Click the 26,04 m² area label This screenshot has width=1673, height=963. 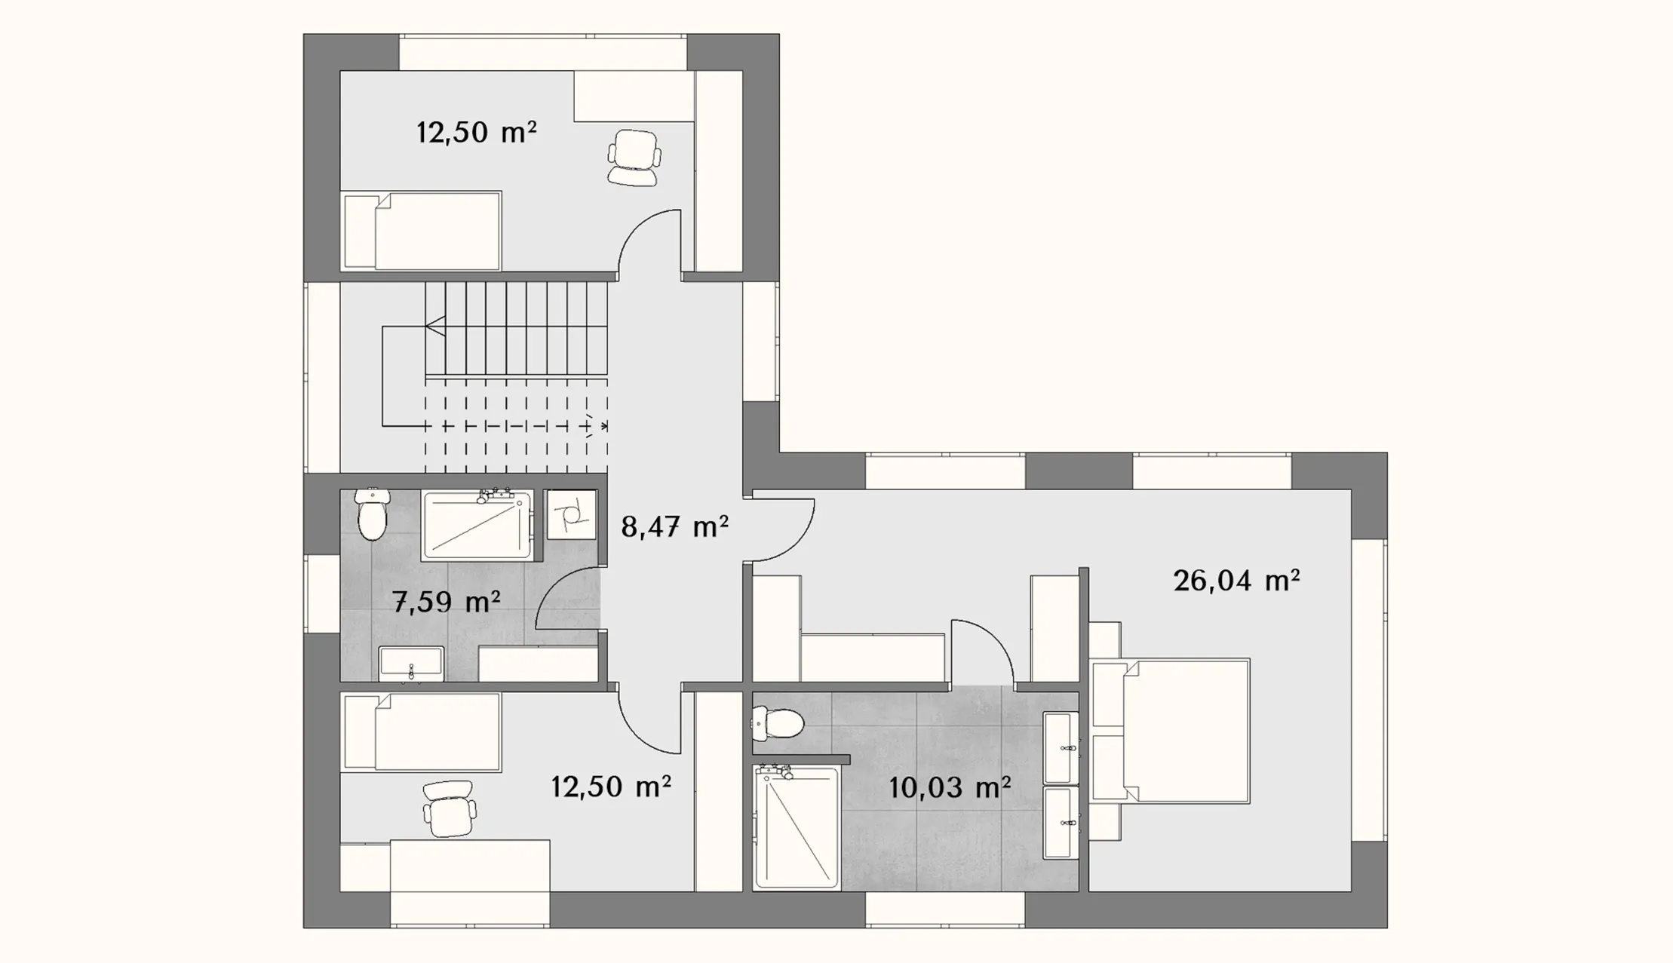[x=1236, y=581]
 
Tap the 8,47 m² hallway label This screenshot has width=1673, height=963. [x=674, y=526]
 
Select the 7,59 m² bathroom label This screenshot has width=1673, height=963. [x=447, y=602]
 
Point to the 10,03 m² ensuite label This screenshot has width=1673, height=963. [x=950, y=787]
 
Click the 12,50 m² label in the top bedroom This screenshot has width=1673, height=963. [x=477, y=133]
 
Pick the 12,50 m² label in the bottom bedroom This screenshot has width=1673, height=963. [x=611, y=787]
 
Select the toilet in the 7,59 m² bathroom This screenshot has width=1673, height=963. [x=371, y=514]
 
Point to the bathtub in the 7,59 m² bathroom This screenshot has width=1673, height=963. [x=477, y=525]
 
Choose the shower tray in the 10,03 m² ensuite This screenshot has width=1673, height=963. [x=797, y=827]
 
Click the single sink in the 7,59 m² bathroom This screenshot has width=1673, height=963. [x=411, y=664]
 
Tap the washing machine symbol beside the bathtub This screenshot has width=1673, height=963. [x=571, y=514]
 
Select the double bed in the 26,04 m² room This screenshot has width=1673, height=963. [x=1170, y=731]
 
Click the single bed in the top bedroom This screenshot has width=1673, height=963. [x=421, y=231]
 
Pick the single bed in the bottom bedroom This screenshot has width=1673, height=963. [x=421, y=732]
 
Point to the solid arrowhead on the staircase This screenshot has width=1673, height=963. [x=435, y=327]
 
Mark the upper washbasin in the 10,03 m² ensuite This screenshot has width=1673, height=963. [x=1061, y=748]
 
